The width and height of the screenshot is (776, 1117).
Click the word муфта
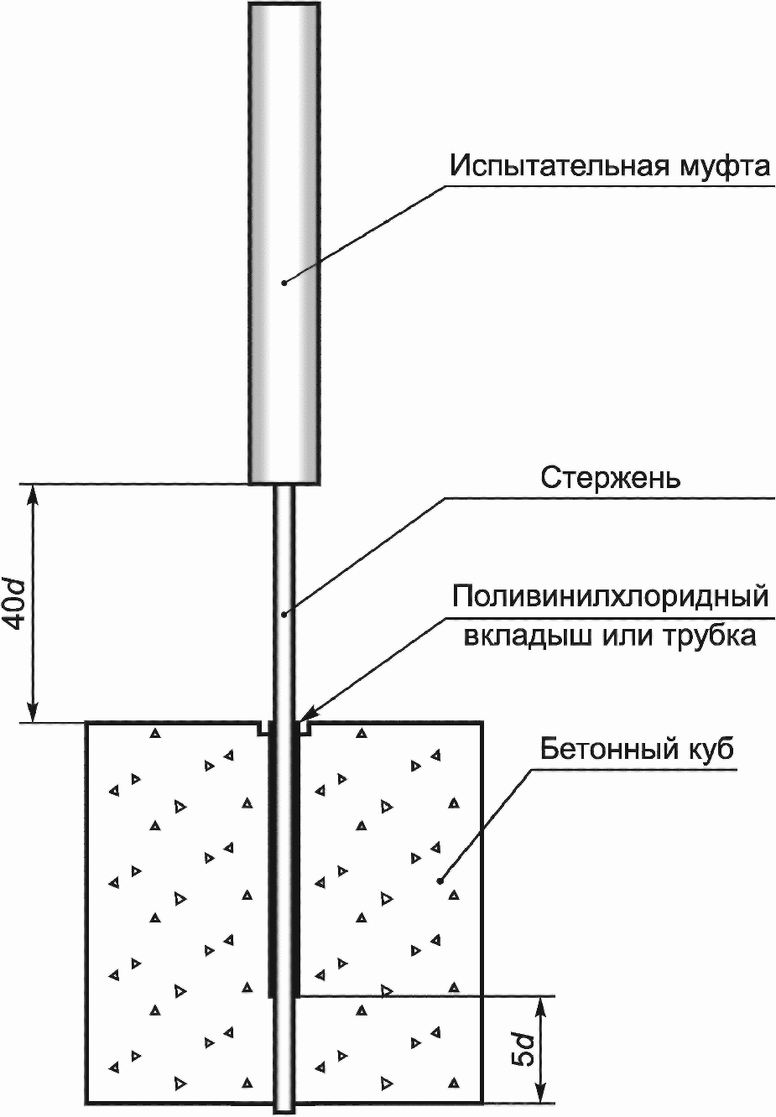click(721, 166)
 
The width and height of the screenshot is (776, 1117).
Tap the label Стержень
click(610, 478)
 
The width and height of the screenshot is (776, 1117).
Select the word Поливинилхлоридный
click(610, 597)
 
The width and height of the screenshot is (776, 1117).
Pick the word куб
click(710, 747)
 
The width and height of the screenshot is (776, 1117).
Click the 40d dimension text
click(17, 602)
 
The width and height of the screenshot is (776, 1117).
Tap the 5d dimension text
click(524, 1049)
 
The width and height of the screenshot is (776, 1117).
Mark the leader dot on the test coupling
click(284, 283)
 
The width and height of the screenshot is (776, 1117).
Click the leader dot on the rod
click(284, 614)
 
